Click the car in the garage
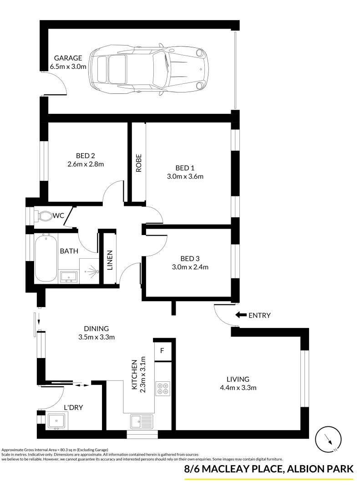point(148,69)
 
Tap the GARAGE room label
point(68,58)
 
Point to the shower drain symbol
point(91,272)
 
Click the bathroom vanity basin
point(69,276)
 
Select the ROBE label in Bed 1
point(139,163)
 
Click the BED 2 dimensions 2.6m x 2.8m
point(86,164)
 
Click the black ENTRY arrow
point(240,315)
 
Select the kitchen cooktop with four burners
point(162,388)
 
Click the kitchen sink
point(142,421)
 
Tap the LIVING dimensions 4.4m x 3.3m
point(238,388)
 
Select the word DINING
point(96,328)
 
